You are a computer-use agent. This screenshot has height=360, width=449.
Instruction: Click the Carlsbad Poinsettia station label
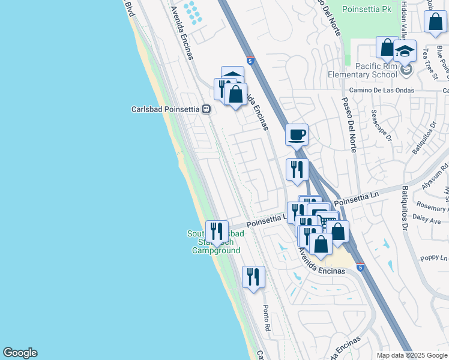pos(165,109)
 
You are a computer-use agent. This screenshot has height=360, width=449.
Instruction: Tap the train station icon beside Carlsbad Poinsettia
pos(206,109)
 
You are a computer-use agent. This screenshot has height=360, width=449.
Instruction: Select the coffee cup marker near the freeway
pos(296,134)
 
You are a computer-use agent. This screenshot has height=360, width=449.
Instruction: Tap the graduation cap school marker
pos(405,51)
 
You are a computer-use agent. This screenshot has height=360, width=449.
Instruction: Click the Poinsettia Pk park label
pos(366,9)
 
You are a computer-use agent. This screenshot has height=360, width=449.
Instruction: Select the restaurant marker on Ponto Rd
pos(253,277)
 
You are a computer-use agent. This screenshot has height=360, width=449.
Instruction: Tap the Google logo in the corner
pos(20,353)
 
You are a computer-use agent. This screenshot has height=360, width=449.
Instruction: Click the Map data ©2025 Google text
pos(412,355)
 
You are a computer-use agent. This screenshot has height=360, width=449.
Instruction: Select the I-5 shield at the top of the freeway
pos(250,61)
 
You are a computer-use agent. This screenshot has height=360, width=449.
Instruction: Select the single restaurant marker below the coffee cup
pos(297,169)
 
